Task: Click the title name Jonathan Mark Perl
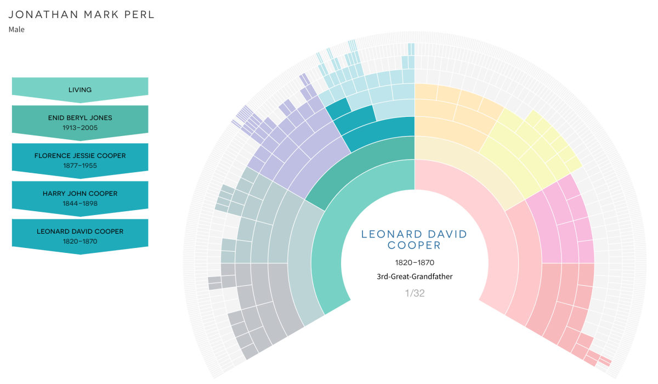coord(82,15)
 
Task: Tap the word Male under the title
coord(16,30)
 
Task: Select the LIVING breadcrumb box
coord(80,89)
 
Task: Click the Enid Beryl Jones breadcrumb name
coord(80,118)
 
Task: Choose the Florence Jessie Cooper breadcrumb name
coord(80,156)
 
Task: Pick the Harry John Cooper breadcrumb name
coord(80,194)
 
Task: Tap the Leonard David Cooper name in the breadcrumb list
coord(80,231)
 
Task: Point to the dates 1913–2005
coord(80,127)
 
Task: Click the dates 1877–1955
coord(80,165)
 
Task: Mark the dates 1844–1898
coord(80,203)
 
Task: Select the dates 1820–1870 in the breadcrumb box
coord(80,241)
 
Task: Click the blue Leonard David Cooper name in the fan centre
coord(415,240)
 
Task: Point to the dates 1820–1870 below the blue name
coord(415,263)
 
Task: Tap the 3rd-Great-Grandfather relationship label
coord(415,276)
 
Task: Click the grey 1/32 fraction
coord(415,293)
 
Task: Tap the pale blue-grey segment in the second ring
coord(302,258)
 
